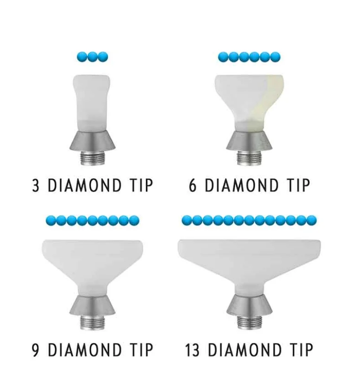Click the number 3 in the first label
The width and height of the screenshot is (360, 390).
point(36,186)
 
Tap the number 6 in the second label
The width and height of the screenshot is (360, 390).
point(193,186)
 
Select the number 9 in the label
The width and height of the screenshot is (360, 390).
point(36,350)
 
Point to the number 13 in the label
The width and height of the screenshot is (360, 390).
point(192,350)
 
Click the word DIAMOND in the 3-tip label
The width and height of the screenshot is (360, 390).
point(84,186)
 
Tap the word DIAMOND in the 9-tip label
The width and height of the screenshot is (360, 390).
point(84,350)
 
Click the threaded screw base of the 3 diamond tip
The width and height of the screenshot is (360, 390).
point(92,158)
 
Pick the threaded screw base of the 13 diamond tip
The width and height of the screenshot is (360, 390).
point(249,322)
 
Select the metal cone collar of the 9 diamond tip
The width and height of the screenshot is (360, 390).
point(92,305)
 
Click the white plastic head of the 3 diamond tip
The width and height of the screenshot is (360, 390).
point(92,103)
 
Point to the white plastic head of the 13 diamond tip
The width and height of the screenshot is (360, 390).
point(249,264)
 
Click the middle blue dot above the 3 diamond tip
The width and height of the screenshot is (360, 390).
point(92,57)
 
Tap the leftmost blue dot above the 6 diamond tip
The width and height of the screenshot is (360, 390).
point(223,57)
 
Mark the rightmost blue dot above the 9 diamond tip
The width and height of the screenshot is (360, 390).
point(134,220)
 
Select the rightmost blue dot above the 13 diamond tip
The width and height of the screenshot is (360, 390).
point(311,220)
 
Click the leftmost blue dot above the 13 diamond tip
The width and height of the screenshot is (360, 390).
point(187,220)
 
